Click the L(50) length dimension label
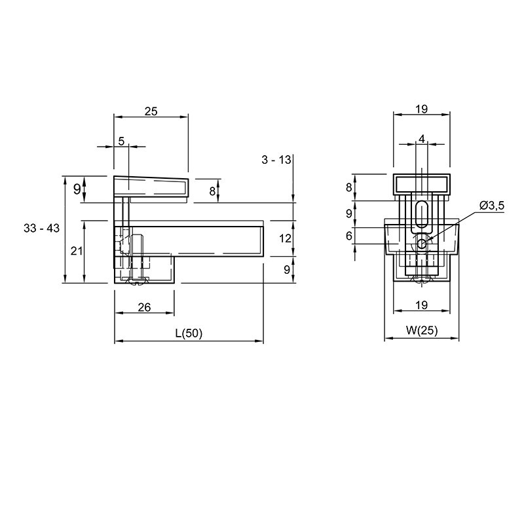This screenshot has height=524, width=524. (189, 333)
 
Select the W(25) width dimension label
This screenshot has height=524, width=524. (422, 331)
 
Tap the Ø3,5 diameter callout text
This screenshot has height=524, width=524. (492, 206)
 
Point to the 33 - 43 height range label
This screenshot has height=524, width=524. (41, 228)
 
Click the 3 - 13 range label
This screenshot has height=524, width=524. (276, 160)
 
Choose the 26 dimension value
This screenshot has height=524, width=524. (144, 307)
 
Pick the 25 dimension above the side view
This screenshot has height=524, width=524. (151, 111)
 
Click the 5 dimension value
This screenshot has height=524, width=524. (121, 141)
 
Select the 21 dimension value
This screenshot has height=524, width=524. (77, 250)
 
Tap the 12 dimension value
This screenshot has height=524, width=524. (285, 238)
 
